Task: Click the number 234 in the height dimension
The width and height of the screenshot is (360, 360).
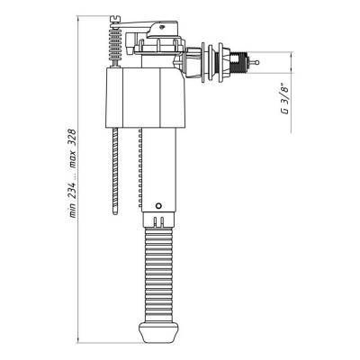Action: [x=72, y=189]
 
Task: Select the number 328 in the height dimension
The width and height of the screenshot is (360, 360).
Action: [x=72, y=139]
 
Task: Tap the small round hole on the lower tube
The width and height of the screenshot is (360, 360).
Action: [x=158, y=206]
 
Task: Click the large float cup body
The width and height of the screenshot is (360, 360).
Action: [x=145, y=98]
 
